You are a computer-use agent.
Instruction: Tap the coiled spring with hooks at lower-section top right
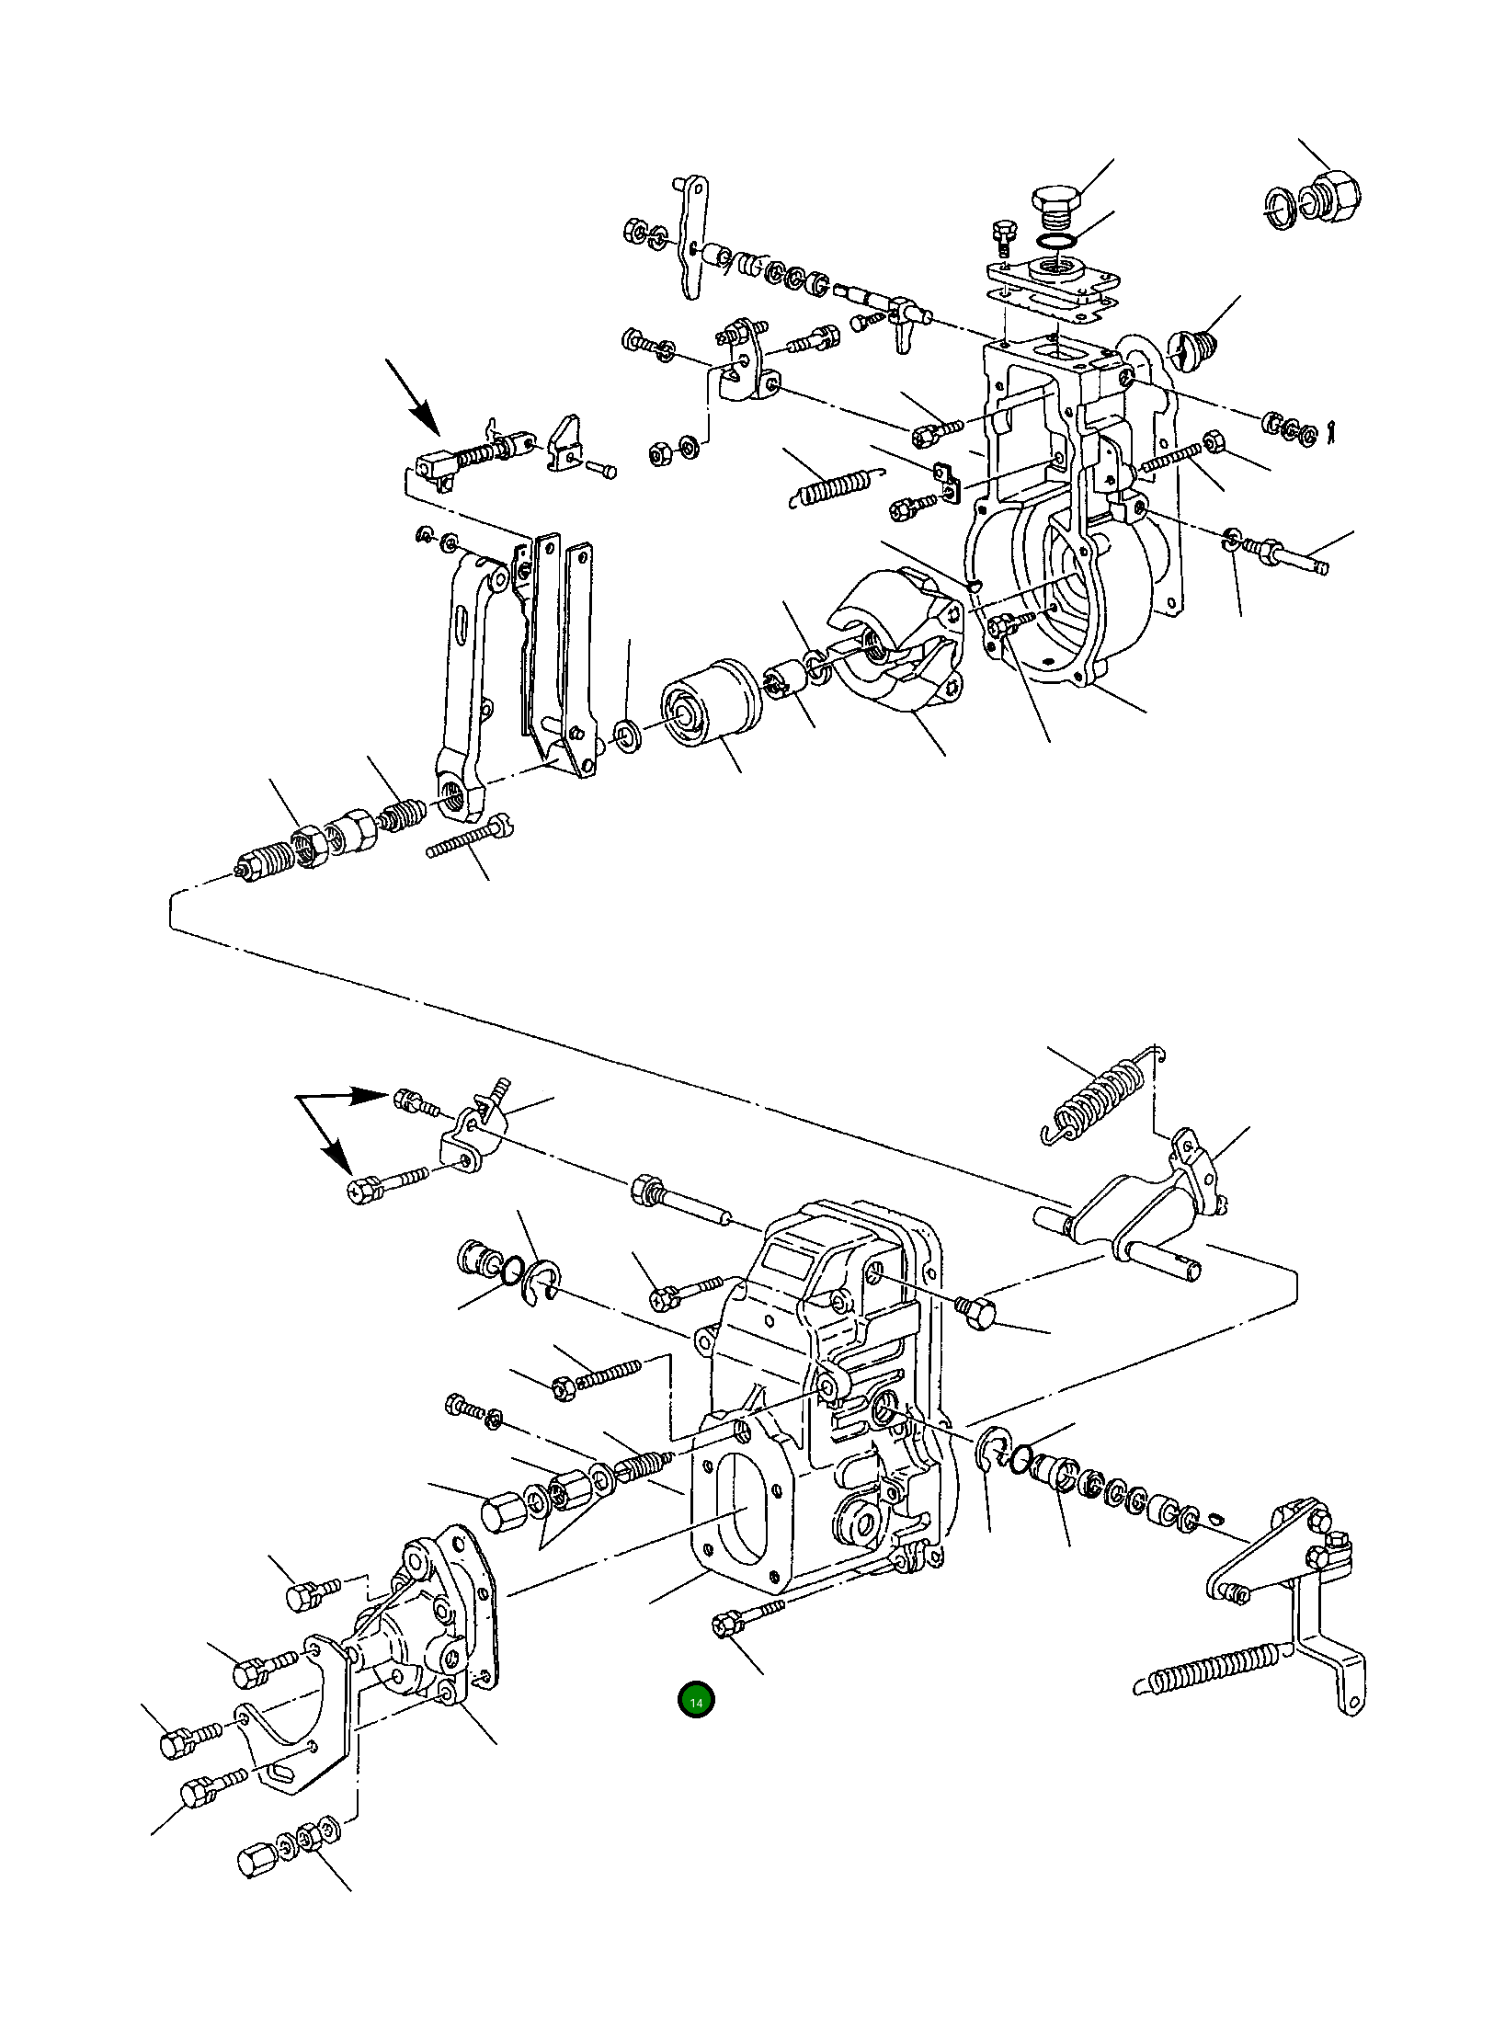[1094, 1097]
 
